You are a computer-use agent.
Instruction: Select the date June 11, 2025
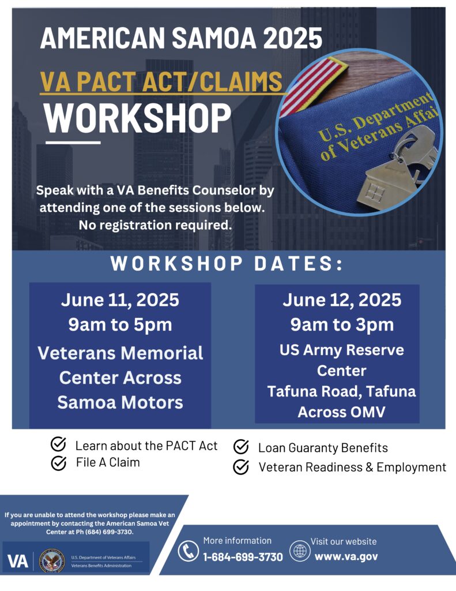tap(120, 301)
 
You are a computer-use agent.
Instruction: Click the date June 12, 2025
tap(342, 300)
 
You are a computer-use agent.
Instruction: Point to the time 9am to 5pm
tap(120, 324)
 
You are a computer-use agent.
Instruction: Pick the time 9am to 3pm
tap(342, 324)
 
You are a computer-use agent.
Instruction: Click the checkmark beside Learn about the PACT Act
tap(58, 445)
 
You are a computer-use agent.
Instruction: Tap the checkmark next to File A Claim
tap(58, 463)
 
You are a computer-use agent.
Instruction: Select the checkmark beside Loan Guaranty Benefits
tap(241, 447)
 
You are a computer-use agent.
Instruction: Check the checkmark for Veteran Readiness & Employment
tap(241, 467)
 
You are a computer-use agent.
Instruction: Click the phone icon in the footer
tap(188, 550)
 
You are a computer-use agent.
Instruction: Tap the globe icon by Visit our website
tap(300, 550)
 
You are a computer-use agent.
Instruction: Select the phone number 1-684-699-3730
tap(243, 557)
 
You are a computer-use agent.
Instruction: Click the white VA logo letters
tap(18, 561)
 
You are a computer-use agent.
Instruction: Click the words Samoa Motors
tap(120, 402)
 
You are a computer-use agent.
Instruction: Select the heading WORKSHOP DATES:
tap(227, 264)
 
